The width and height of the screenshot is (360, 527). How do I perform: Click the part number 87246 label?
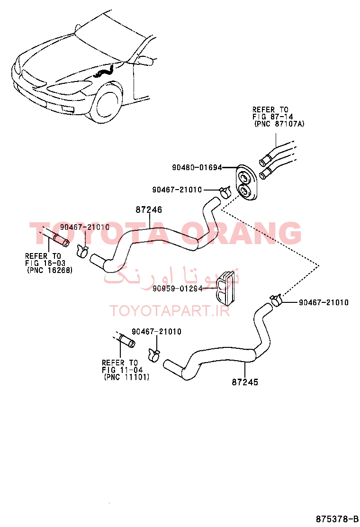(148, 209)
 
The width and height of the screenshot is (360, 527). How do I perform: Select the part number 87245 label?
(245, 382)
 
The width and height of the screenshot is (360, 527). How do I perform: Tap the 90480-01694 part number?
(197, 167)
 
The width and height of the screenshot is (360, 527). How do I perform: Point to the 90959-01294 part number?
(177, 288)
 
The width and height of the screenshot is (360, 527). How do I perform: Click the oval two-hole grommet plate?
(246, 183)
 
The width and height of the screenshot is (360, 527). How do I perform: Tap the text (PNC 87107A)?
(279, 124)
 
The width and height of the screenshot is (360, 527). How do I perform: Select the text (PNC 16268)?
(50, 270)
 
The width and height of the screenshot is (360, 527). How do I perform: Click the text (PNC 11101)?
(126, 377)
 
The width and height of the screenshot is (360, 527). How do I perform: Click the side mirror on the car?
(146, 60)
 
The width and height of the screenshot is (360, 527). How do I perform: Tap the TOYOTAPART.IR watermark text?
(170, 310)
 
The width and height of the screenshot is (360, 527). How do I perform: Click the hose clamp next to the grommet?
(225, 192)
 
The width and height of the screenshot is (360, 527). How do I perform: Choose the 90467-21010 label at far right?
(324, 302)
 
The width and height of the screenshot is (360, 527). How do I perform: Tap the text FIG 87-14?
(273, 117)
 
